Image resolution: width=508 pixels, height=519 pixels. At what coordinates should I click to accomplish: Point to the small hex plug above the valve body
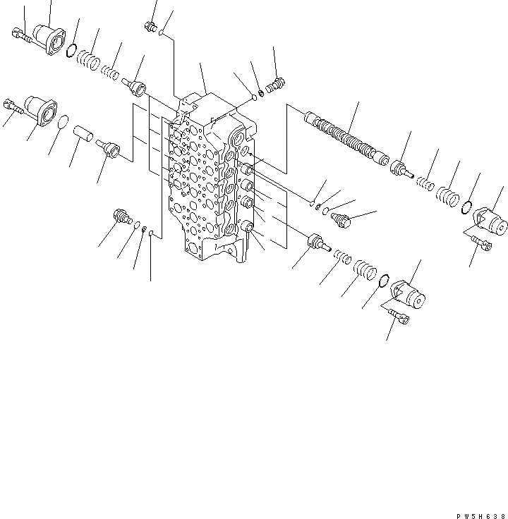(x=149, y=27)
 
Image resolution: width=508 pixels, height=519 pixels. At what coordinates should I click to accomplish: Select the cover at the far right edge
(x=489, y=219)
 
